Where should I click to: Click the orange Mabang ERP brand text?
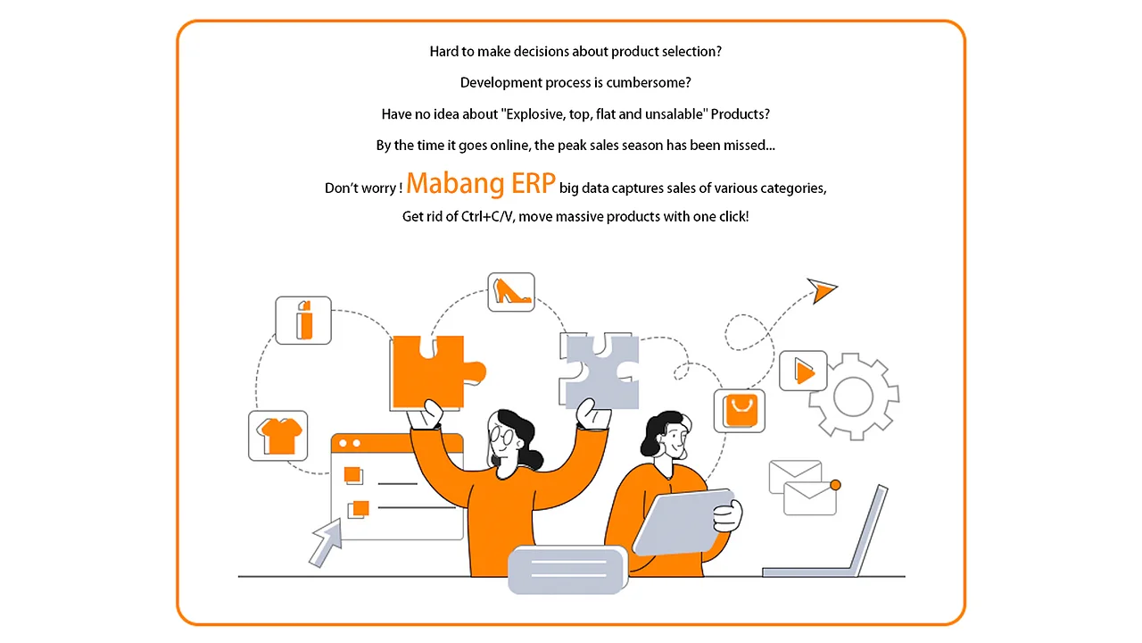[x=480, y=184]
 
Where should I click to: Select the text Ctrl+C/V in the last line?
[x=487, y=217]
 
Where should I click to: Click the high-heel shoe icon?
[x=511, y=292]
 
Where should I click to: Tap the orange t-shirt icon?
[x=278, y=436]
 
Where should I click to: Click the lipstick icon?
[x=303, y=320]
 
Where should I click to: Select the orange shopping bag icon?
[x=740, y=411]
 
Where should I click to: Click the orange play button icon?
[x=803, y=371]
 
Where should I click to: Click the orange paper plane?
[x=822, y=290]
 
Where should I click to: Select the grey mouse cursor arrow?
[x=327, y=542]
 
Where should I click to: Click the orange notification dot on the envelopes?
[x=835, y=485]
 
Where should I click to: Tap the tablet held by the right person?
[x=683, y=522]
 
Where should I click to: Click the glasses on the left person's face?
[x=501, y=437]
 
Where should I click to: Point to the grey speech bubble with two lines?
[x=568, y=570]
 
